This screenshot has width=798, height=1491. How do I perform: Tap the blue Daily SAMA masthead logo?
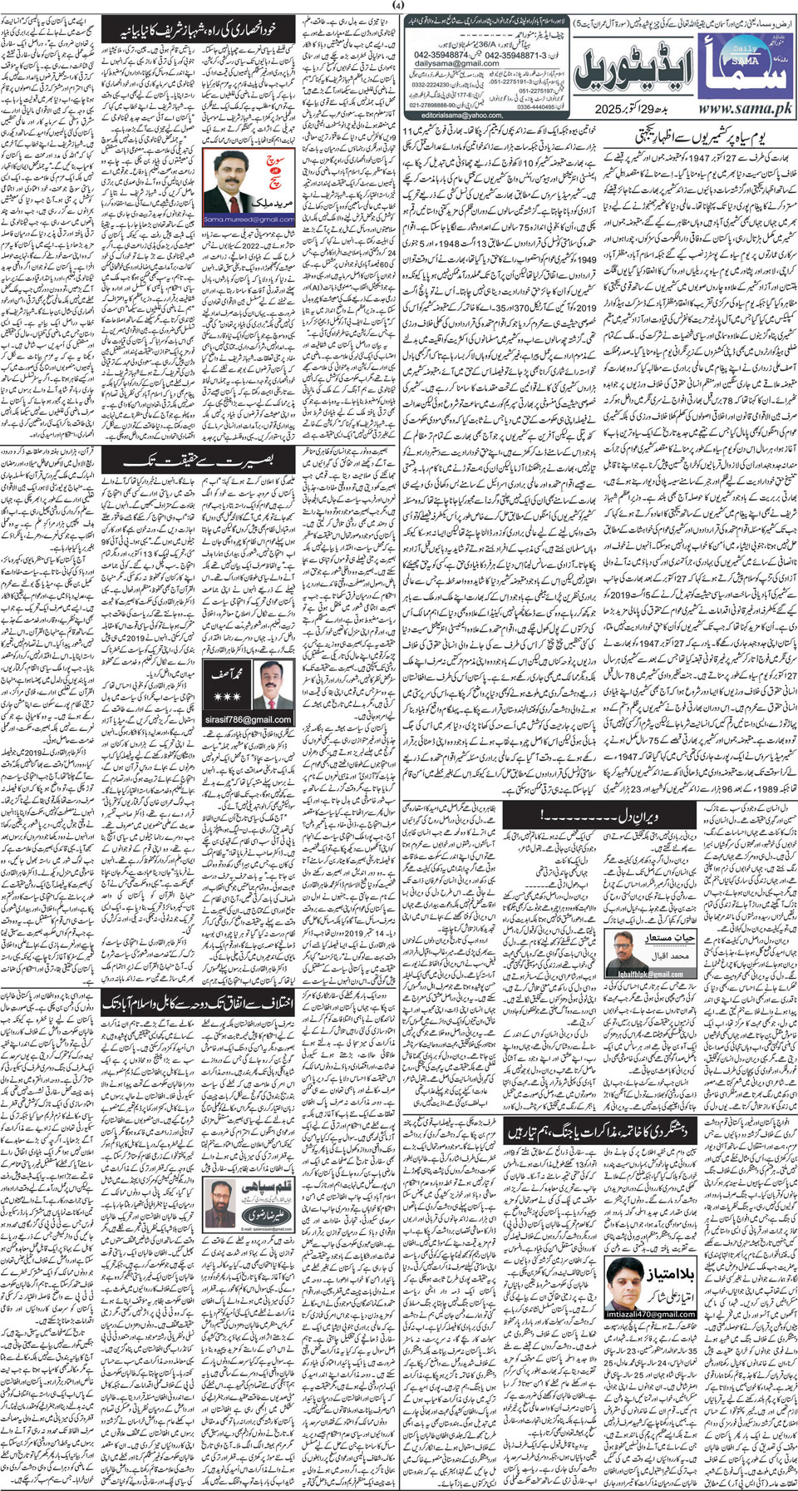pyautogui.click(x=742, y=67)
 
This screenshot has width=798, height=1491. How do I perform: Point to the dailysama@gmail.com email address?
pyautogui.click(x=458, y=62)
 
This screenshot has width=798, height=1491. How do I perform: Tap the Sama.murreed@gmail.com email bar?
pyautogui.click(x=249, y=220)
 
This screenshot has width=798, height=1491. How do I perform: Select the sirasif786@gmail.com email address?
pyautogui.click(x=249, y=719)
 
